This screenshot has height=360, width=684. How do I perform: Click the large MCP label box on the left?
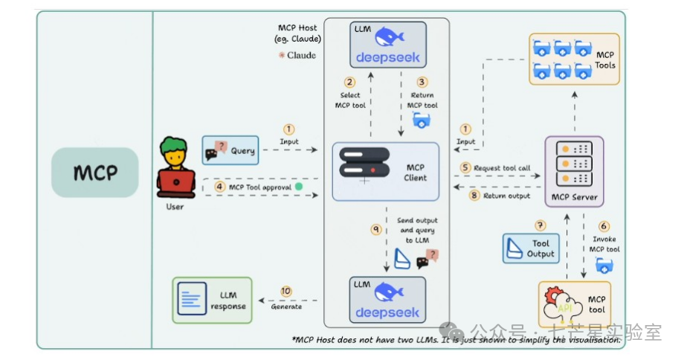(94, 173)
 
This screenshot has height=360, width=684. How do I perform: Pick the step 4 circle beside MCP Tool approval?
(220, 187)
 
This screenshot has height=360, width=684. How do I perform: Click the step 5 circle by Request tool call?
(466, 167)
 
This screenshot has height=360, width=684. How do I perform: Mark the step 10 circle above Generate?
(286, 292)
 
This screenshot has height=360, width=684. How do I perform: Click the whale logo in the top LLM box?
(388, 36)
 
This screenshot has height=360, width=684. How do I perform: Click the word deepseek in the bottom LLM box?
(387, 312)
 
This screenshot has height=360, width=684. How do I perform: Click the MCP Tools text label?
(604, 60)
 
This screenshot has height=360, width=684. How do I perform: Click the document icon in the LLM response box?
(192, 299)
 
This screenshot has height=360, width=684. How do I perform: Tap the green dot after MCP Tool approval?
(298, 187)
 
